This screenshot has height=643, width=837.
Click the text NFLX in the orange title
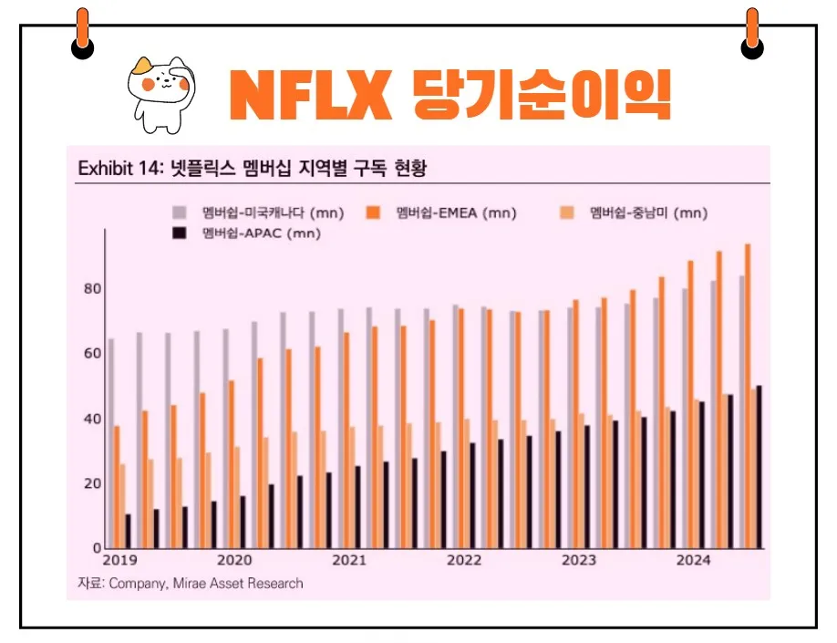pos(309,94)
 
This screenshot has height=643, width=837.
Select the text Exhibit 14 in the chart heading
pos(119,169)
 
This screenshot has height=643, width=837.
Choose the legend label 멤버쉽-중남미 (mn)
pos(647,213)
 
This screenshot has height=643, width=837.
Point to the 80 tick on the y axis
pos(93,289)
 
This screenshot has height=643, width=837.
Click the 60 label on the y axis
pos(93,354)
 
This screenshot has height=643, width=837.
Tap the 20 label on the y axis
pos(93,483)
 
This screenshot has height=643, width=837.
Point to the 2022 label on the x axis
pos(463,560)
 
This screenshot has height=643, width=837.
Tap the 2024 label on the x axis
pos(693,560)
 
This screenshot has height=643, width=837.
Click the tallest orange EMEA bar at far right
pos(749,397)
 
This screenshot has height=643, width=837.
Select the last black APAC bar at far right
pos(759,467)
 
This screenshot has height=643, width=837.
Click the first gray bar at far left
pos(111,443)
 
